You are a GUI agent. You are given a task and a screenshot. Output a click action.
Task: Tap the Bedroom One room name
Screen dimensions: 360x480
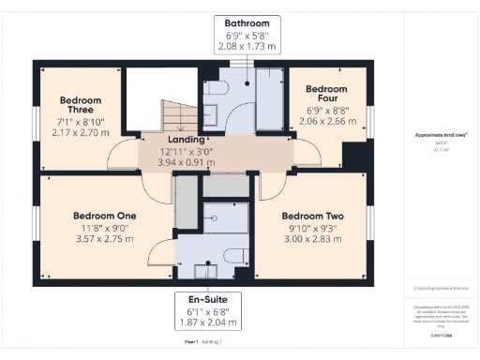(x=105, y=216)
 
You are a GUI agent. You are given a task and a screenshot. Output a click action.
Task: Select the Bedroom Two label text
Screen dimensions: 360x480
(x=312, y=216)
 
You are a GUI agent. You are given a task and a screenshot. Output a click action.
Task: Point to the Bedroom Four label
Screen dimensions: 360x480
(x=326, y=95)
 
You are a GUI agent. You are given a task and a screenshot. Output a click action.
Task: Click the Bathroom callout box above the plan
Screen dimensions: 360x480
(x=247, y=34)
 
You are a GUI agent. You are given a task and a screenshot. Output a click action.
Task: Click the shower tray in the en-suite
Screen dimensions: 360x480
(x=225, y=219)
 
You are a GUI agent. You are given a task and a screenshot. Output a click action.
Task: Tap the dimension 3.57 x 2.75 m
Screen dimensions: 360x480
(x=105, y=239)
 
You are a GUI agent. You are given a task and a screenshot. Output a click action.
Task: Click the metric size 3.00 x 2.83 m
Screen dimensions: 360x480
(x=312, y=239)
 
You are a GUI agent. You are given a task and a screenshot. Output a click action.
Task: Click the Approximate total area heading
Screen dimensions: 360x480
(x=442, y=136)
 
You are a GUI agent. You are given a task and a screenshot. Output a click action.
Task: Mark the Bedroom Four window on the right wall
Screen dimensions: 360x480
(x=369, y=121)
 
